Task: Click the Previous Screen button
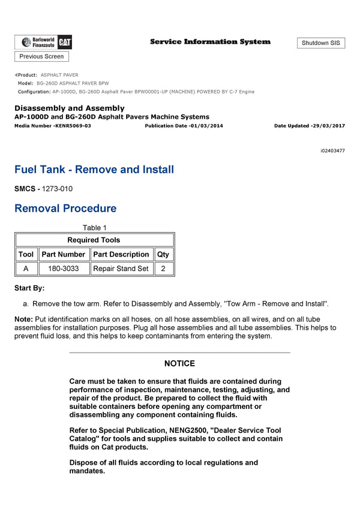pyautogui.click(x=41, y=56)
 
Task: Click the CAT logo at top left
pyautogui.click(x=65, y=41)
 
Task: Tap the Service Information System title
pyautogui.click(x=210, y=42)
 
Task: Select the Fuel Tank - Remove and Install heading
pyautogui.click(x=94, y=170)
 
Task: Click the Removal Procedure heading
pyautogui.click(x=65, y=209)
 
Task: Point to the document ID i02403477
pyautogui.click(x=332, y=150)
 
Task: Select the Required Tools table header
pyautogui.click(x=94, y=240)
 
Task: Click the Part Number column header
pyautogui.click(x=63, y=254)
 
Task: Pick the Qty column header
pyautogui.click(x=163, y=254)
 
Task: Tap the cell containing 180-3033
pyautogui.click(x=63, y=269)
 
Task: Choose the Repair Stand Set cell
pyautogui.click(x=121, y=269)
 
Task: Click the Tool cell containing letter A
pyautogui.click(x=26, y=269)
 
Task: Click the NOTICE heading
pyautogui.click(x=179, y=363)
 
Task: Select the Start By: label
pyautogui.click(x=29, y=288)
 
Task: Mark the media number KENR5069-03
pyautogui.click(x=73, y=126)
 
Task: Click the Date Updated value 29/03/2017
pyautogui.click(x=328, y=126)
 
